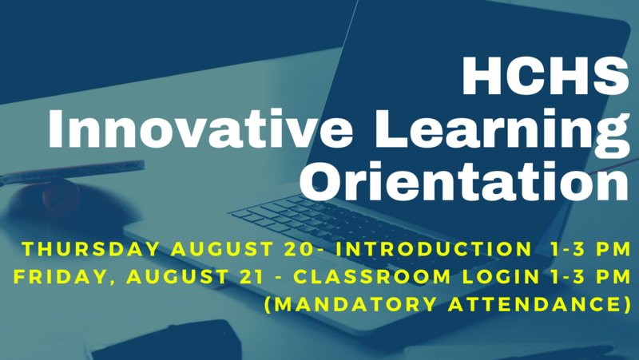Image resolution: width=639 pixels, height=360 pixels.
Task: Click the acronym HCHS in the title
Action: click(546, 76)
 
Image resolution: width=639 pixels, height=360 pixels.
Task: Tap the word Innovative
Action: click(200, 128)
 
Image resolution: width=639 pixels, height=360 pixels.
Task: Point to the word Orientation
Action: click(465, 181)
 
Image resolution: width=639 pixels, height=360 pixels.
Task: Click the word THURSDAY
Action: click(90, 249)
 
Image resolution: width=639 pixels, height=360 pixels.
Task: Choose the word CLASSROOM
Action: click(372, 277)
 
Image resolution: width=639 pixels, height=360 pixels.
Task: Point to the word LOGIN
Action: click(502, 277)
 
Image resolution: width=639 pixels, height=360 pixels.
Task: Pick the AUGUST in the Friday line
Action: click(177, 277)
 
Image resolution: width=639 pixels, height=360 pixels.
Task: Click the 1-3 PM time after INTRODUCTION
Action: click(590, 249)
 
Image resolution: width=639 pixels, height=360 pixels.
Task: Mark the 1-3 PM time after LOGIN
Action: click(590, 277)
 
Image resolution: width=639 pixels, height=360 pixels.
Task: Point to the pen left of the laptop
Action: click(72, 171)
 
